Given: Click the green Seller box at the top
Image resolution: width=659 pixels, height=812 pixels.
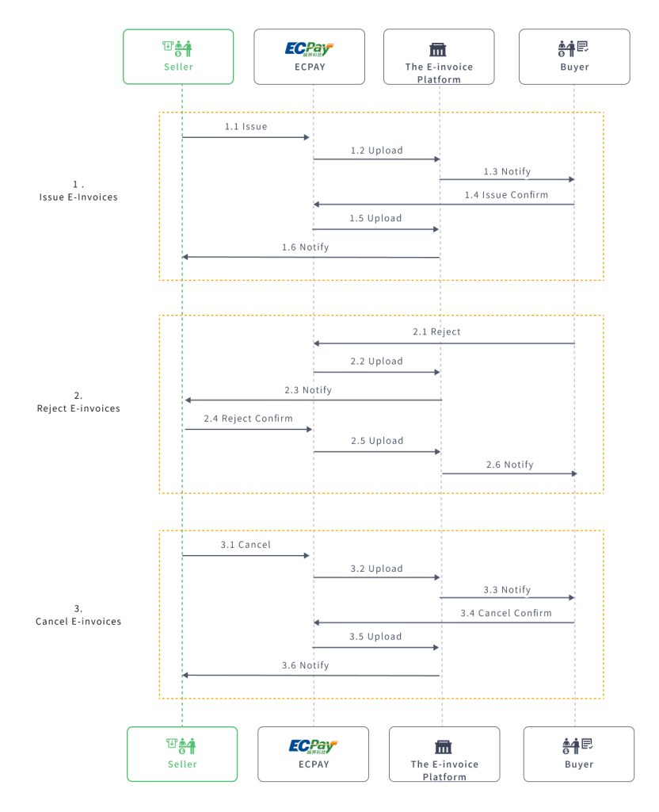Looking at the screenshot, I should pyautogui.click(x=178, y=56).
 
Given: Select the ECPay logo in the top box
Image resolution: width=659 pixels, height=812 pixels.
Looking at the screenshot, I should pyautogui.click(x=309, y=49).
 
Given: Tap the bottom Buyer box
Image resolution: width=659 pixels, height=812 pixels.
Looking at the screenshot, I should pyautogui.click(x=578, y=753).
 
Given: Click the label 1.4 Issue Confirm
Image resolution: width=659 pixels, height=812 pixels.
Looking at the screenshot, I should pyautogui.click(x=505, y=194).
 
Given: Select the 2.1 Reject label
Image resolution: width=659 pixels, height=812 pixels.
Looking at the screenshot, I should pyautogui.click(x=436, y=332).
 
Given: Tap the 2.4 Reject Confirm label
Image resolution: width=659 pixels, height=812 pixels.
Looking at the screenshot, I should pyautogui.click(x=248, y=419).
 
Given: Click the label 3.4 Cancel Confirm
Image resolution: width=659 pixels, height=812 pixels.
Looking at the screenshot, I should pyautogui.click(x=506, y=613).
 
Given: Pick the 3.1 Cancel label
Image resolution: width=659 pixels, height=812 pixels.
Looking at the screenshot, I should pyautogui.click(x=245, y=545).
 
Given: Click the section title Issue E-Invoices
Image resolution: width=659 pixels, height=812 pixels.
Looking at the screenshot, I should pyautogui.click(x=78, y=197).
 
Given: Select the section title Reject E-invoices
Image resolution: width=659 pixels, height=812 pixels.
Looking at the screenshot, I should pyautogui.click(x=78, y=409).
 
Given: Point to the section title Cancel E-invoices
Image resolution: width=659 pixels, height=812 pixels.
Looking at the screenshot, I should pyautogui.click(x=78, y=622).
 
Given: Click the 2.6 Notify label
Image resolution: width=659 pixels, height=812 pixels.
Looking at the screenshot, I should pyautogui.click(x=509, y=465).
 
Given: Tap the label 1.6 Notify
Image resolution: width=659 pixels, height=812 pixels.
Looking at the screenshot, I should pyautogui.click(x=305, y=247).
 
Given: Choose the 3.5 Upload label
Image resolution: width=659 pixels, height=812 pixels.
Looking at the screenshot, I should pyautogui.click(x=376, y=637).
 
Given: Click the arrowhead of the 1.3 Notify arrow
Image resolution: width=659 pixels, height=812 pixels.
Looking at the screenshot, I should pyautogui.click(x=570, y=180).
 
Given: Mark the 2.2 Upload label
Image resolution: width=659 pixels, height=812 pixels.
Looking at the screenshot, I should pyautogui.click(x=376, y=362).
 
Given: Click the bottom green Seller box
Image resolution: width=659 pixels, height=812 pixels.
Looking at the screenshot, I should pyautogui.click(x=182, y=753).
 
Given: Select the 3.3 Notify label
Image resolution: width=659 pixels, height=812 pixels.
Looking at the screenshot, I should pyautogui.click(x=507, y=590).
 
